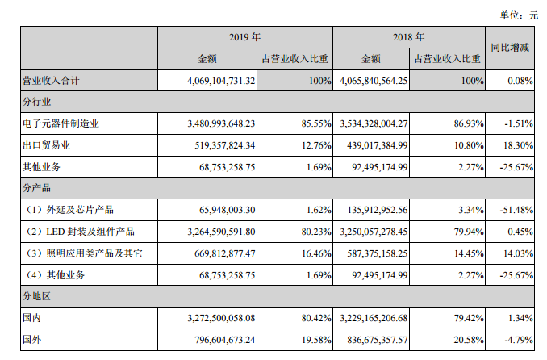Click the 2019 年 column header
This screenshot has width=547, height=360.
click(244, 37)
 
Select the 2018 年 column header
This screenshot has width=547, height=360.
click(408, 37)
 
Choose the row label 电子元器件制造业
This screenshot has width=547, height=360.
click(62, 124)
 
